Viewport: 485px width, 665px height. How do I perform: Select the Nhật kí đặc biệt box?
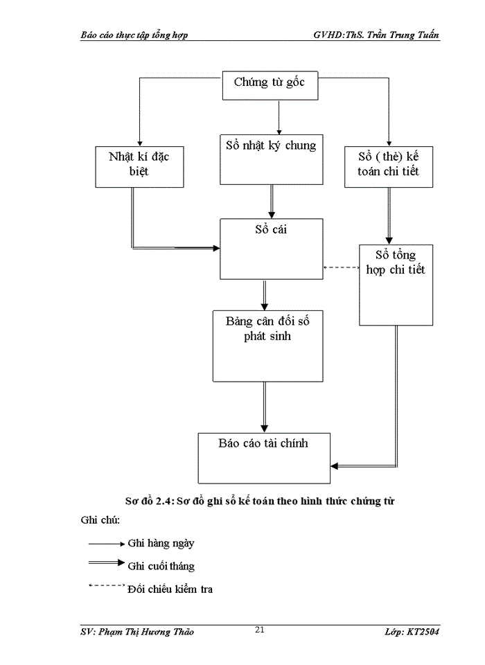point(139,166)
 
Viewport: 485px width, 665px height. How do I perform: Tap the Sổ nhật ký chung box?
point(271,159)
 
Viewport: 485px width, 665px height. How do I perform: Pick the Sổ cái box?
point(271,249)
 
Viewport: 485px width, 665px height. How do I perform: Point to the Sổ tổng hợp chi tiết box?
point(396,284)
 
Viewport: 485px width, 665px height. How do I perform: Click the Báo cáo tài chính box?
point(264,458)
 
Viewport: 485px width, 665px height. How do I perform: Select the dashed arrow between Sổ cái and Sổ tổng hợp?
point(341,267)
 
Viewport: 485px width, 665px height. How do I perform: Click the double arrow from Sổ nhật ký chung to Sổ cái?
point(271,202)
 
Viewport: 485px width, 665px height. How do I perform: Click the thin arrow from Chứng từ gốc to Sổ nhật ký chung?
point(278,116)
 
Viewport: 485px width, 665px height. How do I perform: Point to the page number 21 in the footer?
point(260,630)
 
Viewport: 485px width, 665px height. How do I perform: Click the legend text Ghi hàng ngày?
point(161,543)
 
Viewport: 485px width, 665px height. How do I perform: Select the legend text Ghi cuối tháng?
point(161,566)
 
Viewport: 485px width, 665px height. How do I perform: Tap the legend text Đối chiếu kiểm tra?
point(170,589)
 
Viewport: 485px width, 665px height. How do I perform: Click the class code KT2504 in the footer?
point(424,632)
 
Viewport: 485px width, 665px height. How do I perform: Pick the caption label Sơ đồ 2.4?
point(146,501)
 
